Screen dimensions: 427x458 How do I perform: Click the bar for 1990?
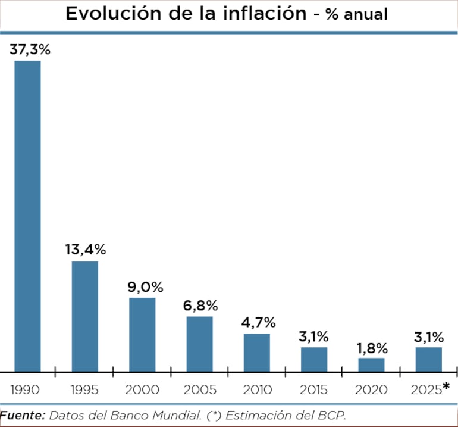[27, 216]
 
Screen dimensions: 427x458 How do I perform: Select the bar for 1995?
[84, 316]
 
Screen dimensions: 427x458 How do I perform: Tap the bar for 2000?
[142, 334]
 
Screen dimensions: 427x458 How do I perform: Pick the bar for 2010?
[256, 352]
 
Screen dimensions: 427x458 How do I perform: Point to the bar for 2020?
[371, 364]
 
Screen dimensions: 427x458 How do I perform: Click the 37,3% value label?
[30, 50]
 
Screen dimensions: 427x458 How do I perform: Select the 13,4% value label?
[85, 250]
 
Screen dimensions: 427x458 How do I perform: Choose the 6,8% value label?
[200, 306]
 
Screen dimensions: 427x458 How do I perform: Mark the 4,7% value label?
[258, 323]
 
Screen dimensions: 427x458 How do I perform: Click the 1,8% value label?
[372, 348]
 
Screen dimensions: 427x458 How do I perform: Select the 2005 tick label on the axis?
[199, 390]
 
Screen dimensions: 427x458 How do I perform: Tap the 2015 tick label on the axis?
[313, 390]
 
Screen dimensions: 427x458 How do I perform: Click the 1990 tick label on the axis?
[26, 390]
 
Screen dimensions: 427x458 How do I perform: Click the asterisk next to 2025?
[446, 387]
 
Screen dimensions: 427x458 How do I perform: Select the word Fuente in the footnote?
[22, 414]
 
